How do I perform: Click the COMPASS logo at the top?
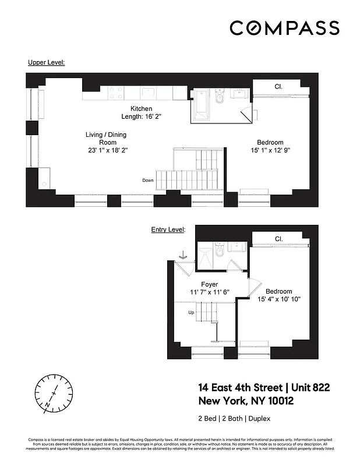[284, 28]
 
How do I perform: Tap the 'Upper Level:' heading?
[46, 61]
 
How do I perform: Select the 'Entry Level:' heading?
[168, 230]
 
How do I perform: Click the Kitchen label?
[141, 108]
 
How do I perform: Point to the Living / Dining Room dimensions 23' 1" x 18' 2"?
[105, 150]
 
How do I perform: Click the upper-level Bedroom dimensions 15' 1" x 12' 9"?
[270, 150]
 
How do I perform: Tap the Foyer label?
[209, 284]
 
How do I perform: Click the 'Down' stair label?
[148, 181]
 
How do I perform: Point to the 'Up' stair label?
[191, 313]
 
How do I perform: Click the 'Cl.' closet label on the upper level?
[279, 87]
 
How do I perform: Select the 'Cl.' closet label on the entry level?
[278, 239]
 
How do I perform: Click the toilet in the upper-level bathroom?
[220, 97]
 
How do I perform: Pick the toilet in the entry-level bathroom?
[218, 252]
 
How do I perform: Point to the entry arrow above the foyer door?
[183, 255]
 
